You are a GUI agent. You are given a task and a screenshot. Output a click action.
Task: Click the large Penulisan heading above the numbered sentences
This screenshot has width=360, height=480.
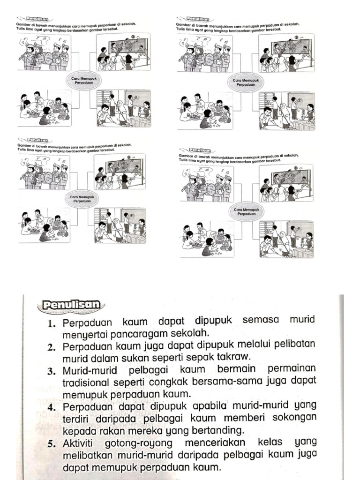(x=71, y=305)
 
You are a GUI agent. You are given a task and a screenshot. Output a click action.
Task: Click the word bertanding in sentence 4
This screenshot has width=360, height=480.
(x=219, y=429)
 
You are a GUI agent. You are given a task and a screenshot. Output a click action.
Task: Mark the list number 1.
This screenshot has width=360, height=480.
(x=52, y=323)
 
